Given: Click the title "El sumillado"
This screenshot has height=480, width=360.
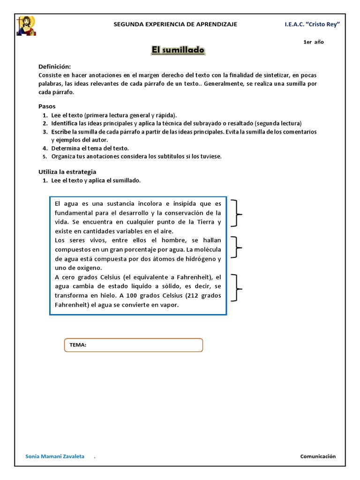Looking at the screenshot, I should [178, 50].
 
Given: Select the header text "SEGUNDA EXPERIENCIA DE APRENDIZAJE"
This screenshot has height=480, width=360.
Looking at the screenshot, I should [176, 24].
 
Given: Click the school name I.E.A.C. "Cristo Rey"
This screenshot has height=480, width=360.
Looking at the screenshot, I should [312, 24].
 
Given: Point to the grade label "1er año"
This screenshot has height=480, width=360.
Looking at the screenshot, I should [314, 42].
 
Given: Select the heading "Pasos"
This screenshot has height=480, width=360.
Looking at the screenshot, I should [47, 106].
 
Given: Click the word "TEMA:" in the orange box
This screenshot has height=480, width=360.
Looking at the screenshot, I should [78, 345].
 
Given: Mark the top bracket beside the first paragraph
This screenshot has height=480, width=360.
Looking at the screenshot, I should [237, 213].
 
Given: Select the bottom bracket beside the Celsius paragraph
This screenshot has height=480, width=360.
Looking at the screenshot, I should [237, 287].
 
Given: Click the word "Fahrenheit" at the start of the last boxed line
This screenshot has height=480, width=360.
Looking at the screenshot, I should [72, 305].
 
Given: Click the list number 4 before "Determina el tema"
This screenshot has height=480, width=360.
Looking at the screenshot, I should [45, 148].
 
